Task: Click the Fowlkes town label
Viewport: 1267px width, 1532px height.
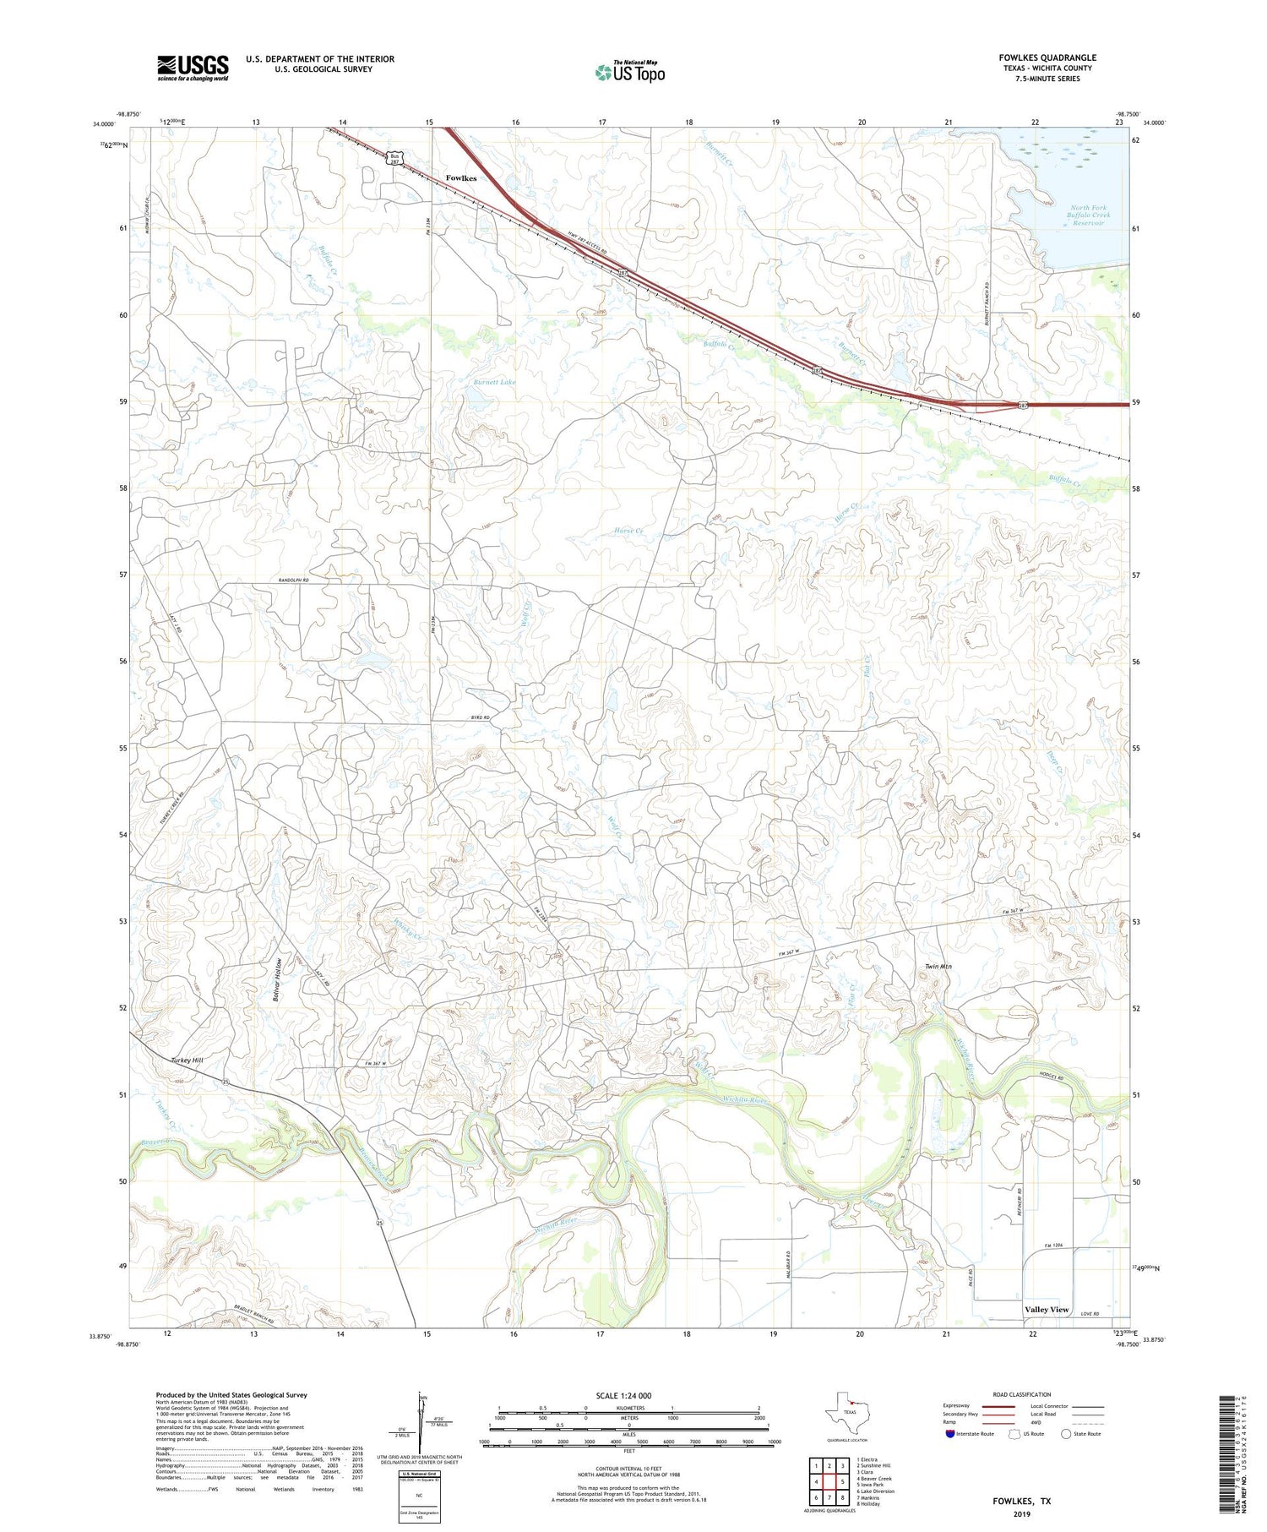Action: click(461, 178)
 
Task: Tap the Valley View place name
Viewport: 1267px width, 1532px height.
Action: click(1047, 1309)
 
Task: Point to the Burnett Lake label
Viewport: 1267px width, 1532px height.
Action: click(494, 382)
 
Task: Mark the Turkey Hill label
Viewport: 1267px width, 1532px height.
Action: click(187, 1060)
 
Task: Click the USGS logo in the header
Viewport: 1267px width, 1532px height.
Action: click(193, 68)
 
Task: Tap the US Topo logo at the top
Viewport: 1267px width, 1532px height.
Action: click(630, 72)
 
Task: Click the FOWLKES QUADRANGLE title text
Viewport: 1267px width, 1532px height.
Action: click(1047, 57)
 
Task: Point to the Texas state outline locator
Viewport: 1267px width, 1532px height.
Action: click(846, 1412)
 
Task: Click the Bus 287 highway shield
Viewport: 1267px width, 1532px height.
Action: click(394, 158)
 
